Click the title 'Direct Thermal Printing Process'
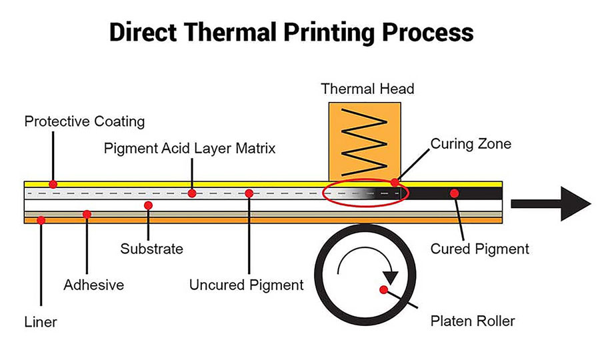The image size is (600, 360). point(291,32)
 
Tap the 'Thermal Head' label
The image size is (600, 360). point(367,89)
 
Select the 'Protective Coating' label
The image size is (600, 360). point(84,122)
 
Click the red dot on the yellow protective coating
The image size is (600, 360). point(53,183)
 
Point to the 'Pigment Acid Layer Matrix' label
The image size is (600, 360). point(189,148)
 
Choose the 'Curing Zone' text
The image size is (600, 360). point(471,144)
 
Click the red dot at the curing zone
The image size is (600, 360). point(395,182)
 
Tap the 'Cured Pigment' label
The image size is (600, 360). point(480,249)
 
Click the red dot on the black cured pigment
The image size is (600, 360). point(454,193)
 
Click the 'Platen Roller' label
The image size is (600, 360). point(472,322)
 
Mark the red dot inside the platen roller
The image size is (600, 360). point(383,289)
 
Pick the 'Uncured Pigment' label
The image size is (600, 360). point(247,285)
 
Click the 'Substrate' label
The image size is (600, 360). point(151,249)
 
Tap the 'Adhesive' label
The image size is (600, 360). point(94,285)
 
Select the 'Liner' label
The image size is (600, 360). point(41,323)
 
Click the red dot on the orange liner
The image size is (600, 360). point(41,219)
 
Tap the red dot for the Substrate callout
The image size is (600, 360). point(149,205)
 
